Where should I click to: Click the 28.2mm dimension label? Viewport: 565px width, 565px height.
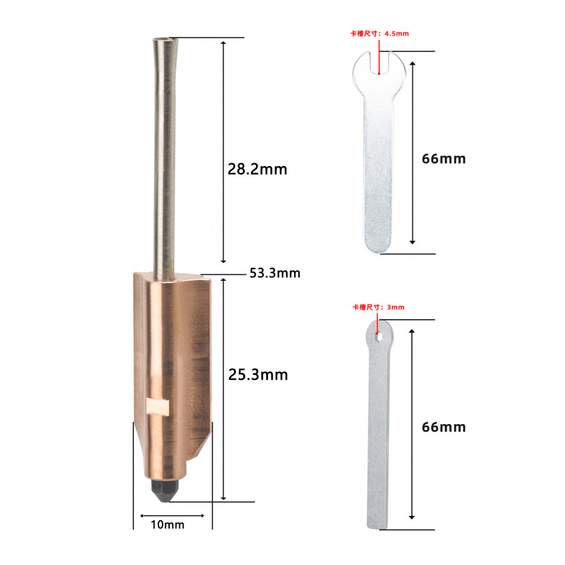[257, 169]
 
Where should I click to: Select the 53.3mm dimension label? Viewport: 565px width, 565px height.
[275, 273]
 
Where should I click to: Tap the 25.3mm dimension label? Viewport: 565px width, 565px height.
[258, 375]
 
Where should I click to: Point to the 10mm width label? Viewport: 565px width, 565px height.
[168, 525]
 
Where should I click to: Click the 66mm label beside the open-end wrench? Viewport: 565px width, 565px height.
[444, 159]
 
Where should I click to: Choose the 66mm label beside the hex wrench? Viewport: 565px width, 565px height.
[444, 428]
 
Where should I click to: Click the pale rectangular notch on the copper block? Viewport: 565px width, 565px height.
[157, 407]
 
